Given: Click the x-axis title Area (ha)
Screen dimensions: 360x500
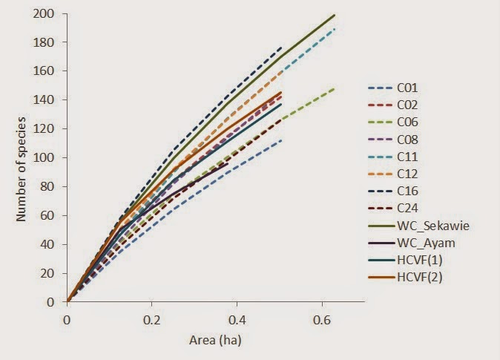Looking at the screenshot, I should click(x=216, y=341).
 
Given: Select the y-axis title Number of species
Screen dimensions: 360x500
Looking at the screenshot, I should click(x=22, y=157).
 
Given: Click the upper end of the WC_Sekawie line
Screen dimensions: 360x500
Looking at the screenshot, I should click(x=335, y=15).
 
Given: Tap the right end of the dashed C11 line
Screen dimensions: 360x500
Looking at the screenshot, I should click(x=335, y=29).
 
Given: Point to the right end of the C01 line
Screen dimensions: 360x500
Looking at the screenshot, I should click(x=281, y=140).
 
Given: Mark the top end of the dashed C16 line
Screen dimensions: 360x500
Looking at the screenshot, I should click(x=282, y=48).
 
